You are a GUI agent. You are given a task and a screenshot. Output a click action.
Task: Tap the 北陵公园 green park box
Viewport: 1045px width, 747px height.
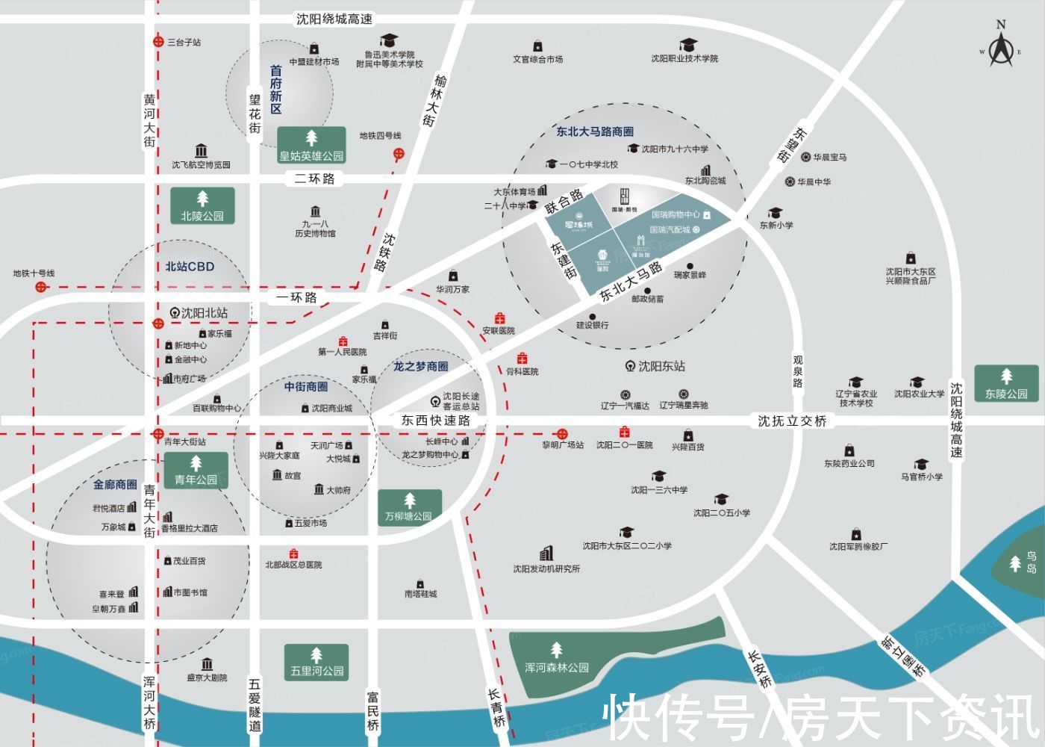coord(202,206)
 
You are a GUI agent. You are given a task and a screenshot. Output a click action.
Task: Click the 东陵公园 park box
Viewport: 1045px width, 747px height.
coord(1005,384)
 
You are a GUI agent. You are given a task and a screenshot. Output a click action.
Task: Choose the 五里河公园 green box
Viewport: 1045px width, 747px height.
coord(316,662)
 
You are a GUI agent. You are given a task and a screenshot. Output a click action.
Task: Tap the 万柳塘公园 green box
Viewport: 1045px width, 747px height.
coord(409,508)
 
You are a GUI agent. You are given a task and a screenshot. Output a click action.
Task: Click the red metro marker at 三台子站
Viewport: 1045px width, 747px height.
coord(158,43)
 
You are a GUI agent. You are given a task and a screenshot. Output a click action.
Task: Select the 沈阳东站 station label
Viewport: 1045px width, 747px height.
coord(661,366)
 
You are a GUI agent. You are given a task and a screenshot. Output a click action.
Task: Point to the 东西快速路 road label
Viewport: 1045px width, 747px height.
coord(436,421)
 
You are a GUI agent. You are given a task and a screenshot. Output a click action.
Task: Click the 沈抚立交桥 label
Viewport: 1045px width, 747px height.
coord(792,421)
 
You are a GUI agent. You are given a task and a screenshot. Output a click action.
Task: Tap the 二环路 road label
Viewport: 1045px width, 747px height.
coord(314,179)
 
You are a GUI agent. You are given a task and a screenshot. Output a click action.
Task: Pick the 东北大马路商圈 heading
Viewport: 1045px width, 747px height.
coord(595,131)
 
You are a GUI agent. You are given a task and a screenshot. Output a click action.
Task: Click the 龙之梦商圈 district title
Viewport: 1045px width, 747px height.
coord(421,366)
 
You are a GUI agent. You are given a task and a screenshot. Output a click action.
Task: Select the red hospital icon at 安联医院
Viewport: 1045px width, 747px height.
coord(499,319)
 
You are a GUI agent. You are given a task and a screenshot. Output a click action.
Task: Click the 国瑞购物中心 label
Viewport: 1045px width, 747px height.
coord(676,214)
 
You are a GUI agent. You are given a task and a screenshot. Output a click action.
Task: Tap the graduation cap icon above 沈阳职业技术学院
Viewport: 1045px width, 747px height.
coord(687,46)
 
